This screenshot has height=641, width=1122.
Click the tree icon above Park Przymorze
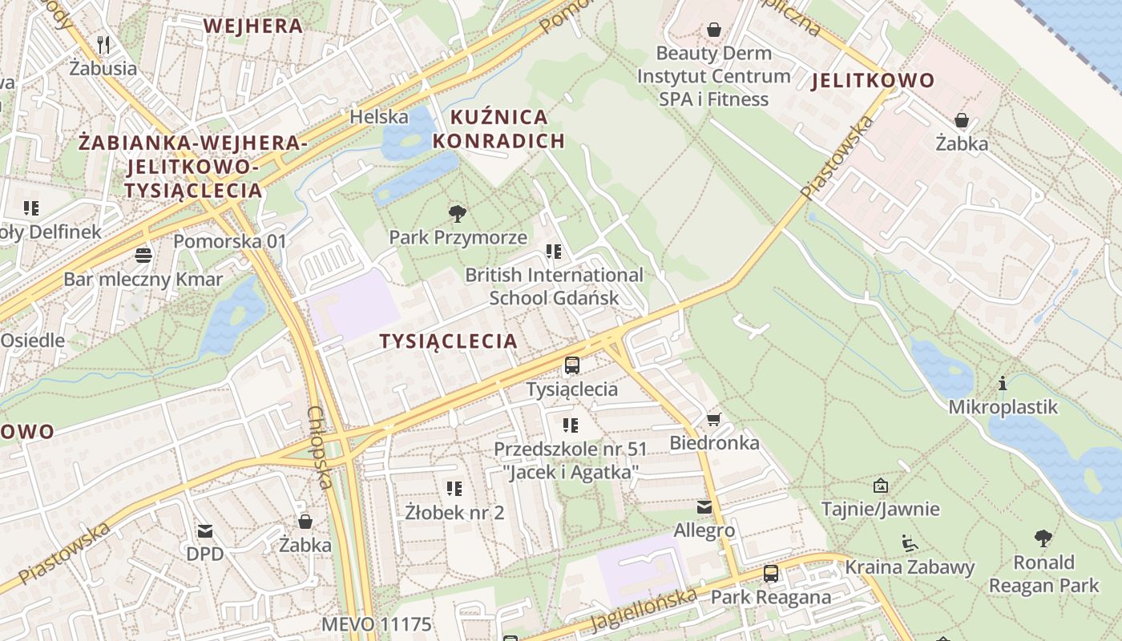click(x=458, y=213)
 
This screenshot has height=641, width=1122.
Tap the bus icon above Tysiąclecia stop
click(x=572, y=365)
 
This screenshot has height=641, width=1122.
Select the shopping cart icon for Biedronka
click(x=714, y=419)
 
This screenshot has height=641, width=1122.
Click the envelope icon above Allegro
click(x=704, y=507)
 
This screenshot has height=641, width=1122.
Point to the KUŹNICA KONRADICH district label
click(x=498, y=129)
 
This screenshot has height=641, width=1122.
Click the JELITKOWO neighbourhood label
click(x=873, y=80)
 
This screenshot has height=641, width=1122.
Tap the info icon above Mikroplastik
click(x=1002, y=384)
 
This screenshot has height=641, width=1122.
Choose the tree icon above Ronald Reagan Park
click(x=1043, y=538)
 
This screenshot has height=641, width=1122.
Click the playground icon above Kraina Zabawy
click(x=909, y=543)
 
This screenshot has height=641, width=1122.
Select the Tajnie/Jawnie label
click(x=880, y=509)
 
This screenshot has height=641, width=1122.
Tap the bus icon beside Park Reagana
click(x=770, y=574)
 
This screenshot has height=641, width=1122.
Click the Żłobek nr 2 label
click(x=454, y=512)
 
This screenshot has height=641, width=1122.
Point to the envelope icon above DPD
click(x=205, y=530)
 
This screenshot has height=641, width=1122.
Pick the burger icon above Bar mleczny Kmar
click(x=143, y=256)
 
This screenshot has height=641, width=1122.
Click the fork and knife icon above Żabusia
click(x=103, y=44)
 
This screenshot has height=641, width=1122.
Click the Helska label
click(x=379, y=117)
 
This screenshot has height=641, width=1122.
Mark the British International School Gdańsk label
click(x=554, y=286)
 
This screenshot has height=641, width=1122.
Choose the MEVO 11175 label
click(x=376, y=624)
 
